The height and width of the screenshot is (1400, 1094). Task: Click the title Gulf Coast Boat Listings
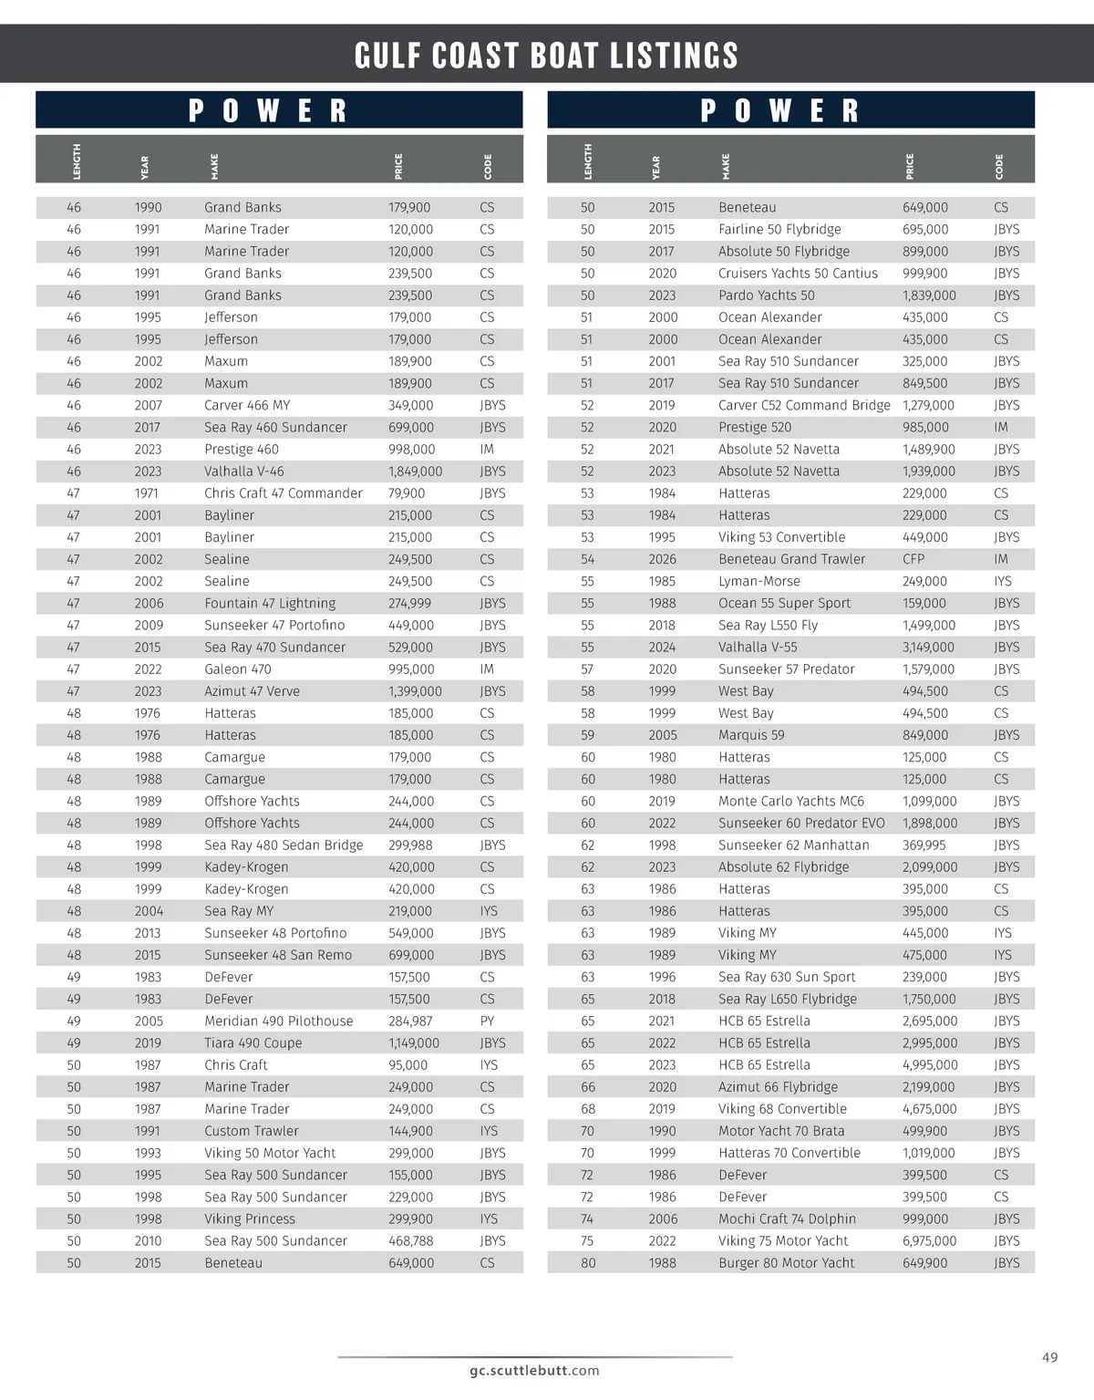click(x=546, y=56)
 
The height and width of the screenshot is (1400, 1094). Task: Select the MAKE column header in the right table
click(x=726, y=166)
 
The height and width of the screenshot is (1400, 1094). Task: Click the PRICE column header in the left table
click(x=398, y=166)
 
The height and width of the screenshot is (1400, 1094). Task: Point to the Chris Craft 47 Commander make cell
click(x=284, y=493)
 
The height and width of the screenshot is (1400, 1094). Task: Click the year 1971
click(x=147, y=493)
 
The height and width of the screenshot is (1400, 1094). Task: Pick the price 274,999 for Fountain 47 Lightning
click(x=410, y=603)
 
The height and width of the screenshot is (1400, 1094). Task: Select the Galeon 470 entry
click(x=238, y=669)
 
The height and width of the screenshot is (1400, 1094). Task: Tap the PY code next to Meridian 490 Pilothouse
click(x=487, y=1021)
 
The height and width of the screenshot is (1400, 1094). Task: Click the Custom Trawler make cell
click(x=252, y=1131)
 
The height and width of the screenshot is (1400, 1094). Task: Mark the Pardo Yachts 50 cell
click(x=767, y=296)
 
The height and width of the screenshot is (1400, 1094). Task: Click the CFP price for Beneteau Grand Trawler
click(x=913, y=559)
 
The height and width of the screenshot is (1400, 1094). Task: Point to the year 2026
click(x=663, y=559)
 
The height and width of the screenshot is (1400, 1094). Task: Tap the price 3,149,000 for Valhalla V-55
click(x=929, y=647)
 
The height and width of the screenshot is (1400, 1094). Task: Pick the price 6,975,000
click(x=930, y=1240)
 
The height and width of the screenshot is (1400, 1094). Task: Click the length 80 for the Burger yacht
click(x=588, y=1263)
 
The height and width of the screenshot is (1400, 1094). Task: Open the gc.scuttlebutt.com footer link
click(x=535, y=1370)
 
